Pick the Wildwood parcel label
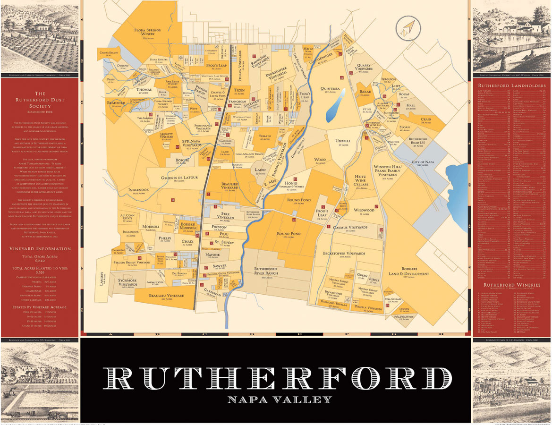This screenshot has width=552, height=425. (364, 210)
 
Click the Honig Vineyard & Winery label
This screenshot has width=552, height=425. (292, 185)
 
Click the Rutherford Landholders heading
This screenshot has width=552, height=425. (512, 85)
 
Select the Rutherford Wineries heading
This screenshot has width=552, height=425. (512, 285)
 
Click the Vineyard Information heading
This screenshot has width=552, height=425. (40, 248)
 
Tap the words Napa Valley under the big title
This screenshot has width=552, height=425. (280, 399)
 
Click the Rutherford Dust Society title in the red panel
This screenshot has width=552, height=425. (40, 100)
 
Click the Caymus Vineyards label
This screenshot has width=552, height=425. (350, 228)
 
